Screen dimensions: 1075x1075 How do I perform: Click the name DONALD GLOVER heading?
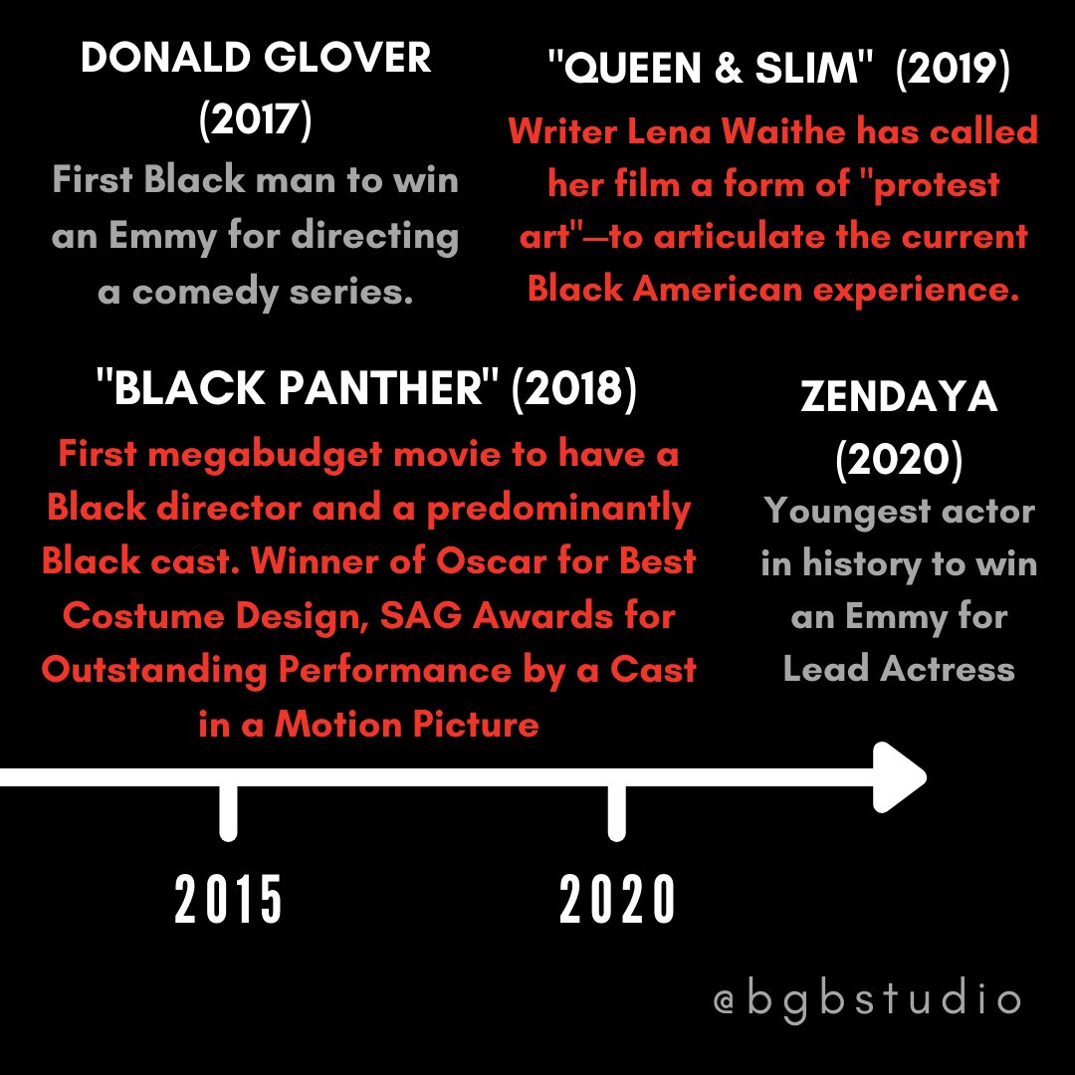click(256, 59)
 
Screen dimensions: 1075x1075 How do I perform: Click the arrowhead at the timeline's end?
click(902, 776)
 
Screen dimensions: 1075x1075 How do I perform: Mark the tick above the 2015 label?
click(228, 810)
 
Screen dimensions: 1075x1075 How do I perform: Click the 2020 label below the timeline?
click(617, 900)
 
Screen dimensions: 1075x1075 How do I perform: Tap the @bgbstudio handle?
click(867, 999)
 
